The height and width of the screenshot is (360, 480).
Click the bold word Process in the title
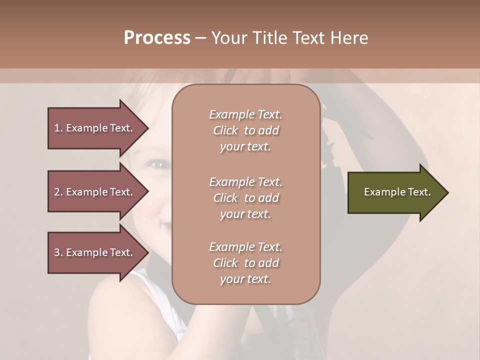pos(157,38)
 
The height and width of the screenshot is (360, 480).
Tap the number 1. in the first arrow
pos(58,128)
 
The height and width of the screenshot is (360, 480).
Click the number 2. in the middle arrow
pos(58,192)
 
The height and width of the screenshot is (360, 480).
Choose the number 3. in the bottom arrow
pos(58,252)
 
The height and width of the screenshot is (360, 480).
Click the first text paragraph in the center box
pos(245,130)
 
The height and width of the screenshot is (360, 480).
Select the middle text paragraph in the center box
pos(245,198)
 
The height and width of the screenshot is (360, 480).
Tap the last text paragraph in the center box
pos(245,263)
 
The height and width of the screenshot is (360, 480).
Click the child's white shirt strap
pos(150,290)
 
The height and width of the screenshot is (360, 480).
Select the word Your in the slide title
pos(228,38)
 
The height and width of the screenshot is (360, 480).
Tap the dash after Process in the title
pos(200,38)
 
